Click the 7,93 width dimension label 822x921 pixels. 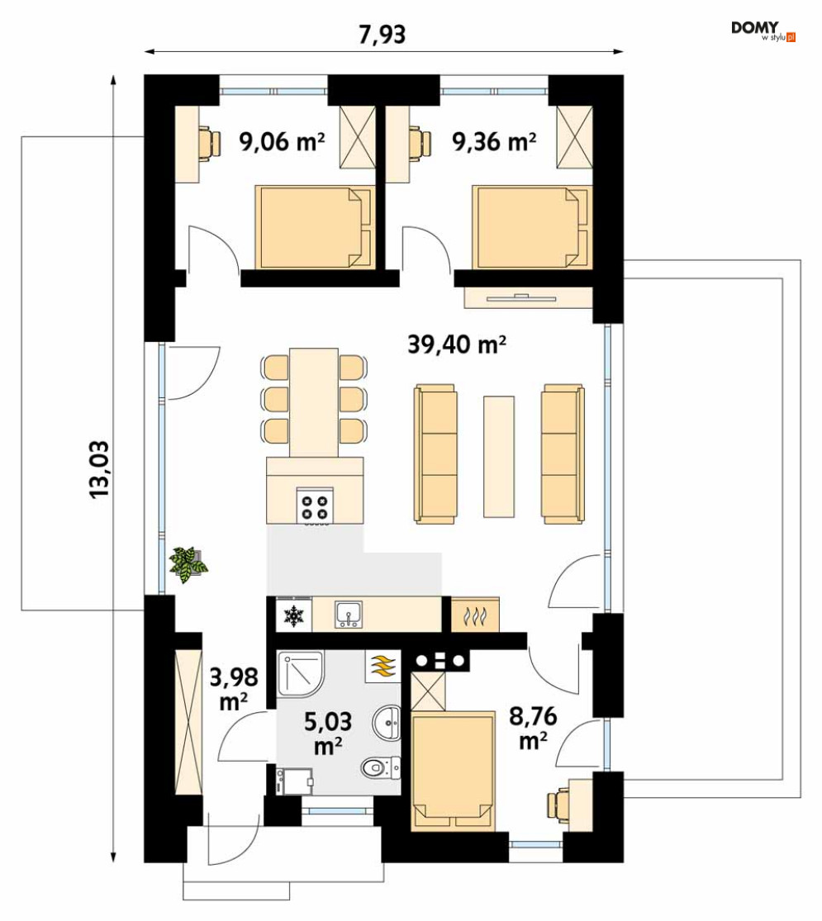click(382, 35)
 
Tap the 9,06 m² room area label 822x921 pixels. click(282, 141)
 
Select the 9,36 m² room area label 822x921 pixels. click(494, 141)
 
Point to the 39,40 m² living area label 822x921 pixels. click(457, 344)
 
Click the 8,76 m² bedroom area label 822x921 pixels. click(533, 729)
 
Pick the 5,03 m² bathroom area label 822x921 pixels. click(328, 733)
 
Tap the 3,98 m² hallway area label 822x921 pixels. click(234, 688)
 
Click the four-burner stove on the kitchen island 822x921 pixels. click(315, 506)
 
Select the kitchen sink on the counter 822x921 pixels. click(349, 615)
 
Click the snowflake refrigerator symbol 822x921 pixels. click(293, 615)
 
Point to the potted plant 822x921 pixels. click(188, 564)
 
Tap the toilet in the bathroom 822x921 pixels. click(380, 767)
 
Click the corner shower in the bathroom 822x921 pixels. click(300, 673)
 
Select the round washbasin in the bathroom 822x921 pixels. click(386, 722)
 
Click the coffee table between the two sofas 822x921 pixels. click(499, 457)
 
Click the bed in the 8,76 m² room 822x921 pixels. click(452, 771)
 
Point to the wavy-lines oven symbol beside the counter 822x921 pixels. click(475, 615)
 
